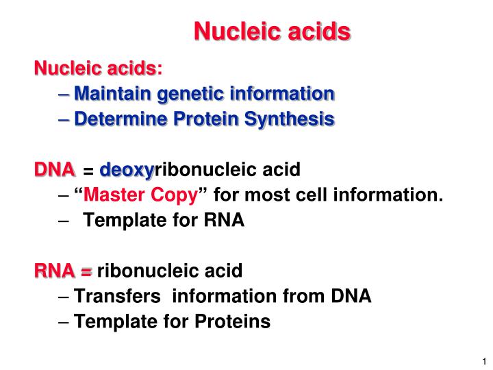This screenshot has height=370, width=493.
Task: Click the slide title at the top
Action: tap(272, 32)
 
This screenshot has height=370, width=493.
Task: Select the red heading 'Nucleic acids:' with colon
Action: tap(99, 68)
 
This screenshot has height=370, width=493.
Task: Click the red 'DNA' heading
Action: tap(55, 169)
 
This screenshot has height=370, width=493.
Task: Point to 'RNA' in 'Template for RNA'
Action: tap(224, 221)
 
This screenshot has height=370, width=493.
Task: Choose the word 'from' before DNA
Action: tap(302, 296)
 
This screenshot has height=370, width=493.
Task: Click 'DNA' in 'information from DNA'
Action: tap(351, 296)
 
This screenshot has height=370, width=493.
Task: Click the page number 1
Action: tap(483, 361)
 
